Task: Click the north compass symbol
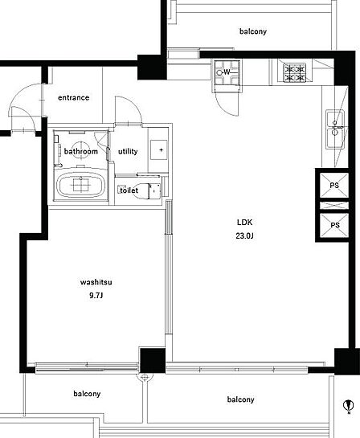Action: point(349,406)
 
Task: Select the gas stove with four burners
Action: point(293,73)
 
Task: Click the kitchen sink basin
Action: point(335,129)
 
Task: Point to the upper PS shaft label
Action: point(334,185)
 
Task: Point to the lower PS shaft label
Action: point(335,225)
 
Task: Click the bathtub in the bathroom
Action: point(81,185)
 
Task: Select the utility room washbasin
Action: point(158,150)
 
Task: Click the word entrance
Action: point(74,97)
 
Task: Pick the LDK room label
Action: point(244,223)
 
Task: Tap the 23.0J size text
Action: point(244,236)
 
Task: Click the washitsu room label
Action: point(96,282)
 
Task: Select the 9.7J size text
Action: point(96,296)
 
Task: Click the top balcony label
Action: point(253,31)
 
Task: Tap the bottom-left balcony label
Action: point(87,394)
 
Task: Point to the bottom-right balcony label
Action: point(240,399)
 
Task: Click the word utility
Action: point(128,151)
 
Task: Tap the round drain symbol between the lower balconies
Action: point(145,378)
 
